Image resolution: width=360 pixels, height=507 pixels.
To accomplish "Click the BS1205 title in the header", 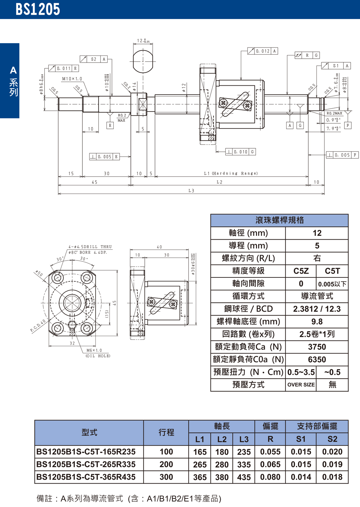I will (38, 9).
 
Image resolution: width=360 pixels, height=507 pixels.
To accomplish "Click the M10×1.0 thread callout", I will (72, 79).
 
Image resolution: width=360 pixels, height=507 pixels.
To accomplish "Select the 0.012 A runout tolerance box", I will (263, 51).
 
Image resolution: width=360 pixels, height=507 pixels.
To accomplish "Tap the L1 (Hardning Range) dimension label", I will (231, 173).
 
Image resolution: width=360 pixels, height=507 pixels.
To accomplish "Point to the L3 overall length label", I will (191, 191).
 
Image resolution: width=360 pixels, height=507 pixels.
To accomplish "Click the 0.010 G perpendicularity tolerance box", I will (240, 152).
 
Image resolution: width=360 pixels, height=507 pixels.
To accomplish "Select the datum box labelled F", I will (347, 126).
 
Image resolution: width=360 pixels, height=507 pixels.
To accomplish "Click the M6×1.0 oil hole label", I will (94, 350).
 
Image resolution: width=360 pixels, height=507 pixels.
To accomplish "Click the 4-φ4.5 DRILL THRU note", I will (90, 247).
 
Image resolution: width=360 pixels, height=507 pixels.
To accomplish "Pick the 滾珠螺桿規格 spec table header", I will (279, 220).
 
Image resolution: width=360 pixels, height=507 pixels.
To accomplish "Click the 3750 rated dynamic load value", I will (317, 347).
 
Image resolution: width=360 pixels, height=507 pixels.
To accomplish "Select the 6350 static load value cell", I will (317, 359).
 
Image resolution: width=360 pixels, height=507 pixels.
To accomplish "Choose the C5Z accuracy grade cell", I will (301, 271).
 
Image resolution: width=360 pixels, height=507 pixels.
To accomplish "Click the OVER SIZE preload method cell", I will (301, 385).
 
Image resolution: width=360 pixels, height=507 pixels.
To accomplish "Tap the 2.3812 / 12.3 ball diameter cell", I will (317, 309).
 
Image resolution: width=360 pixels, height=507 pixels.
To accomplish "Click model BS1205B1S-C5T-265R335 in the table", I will (86, 465).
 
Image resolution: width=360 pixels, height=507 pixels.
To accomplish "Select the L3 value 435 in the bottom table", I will (244, 477).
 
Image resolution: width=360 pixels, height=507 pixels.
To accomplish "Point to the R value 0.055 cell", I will (270, 452).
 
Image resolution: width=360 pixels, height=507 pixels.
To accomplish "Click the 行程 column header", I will (166, 433).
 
